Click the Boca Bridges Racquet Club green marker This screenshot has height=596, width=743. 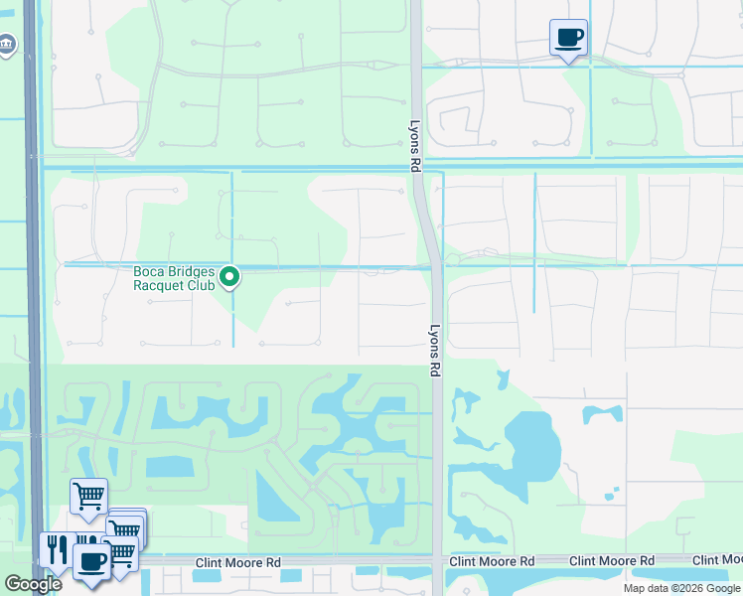(230, 277)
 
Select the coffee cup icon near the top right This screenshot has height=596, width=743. (568, 39)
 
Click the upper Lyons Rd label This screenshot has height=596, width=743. (416, 147)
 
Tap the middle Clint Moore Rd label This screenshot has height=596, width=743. (492, 562)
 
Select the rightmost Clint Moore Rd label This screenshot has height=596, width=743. (611, 562)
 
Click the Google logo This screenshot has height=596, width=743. (33, 583)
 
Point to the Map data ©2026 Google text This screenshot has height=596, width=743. (680, 588)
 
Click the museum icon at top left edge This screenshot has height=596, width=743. (6, 45)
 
